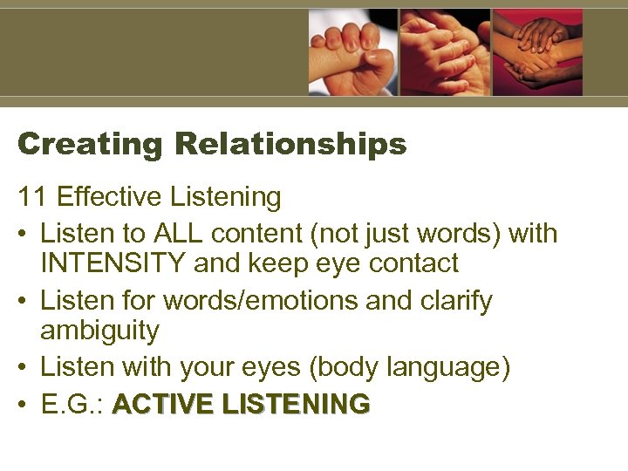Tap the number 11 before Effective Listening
31,198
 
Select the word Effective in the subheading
109,198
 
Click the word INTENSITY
113,263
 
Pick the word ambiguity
99,331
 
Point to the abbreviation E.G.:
73,404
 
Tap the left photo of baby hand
352,52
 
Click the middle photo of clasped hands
445,52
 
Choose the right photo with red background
537,52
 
